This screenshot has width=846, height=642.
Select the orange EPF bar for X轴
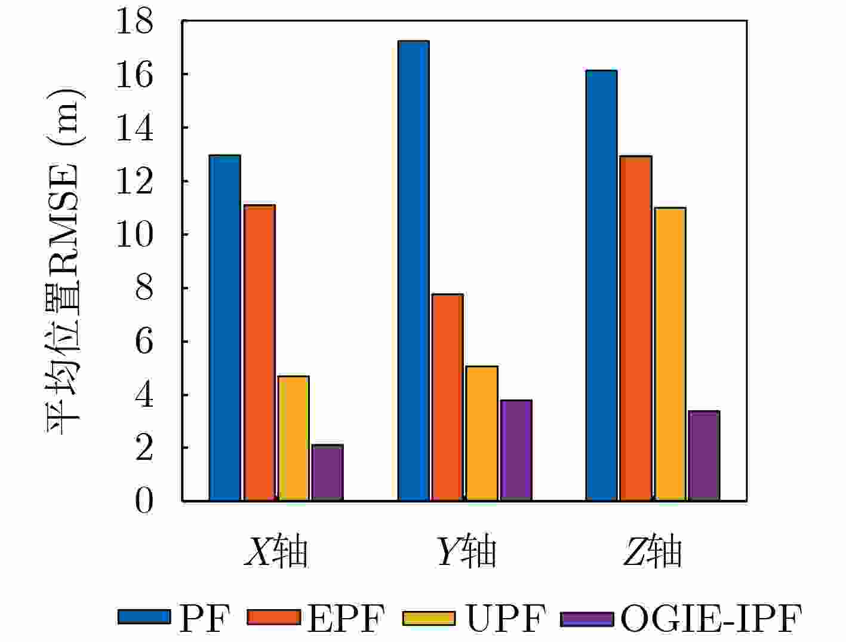[259, 352]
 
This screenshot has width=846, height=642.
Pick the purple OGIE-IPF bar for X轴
[328, 472]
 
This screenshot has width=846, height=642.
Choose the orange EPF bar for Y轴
[447, 397]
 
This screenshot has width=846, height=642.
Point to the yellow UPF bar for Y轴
[482, 433]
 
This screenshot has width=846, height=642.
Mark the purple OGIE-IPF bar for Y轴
[516, 450]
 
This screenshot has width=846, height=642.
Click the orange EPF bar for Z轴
[635, 328]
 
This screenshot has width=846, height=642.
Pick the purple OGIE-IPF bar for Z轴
[704, 456]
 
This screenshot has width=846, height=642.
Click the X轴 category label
[276, 552]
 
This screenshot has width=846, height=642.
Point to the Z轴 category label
[652, 552]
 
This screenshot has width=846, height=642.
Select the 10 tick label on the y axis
[135, 235]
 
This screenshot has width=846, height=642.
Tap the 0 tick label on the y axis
[144, 502]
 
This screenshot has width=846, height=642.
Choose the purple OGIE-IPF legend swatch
[587, 618]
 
